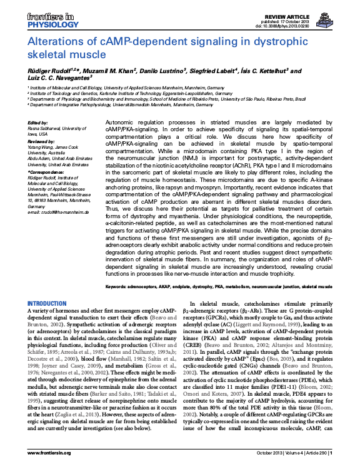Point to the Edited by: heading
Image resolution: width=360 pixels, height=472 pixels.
pos(38,123)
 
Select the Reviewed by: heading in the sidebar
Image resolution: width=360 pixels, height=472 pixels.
pos(42,141)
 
